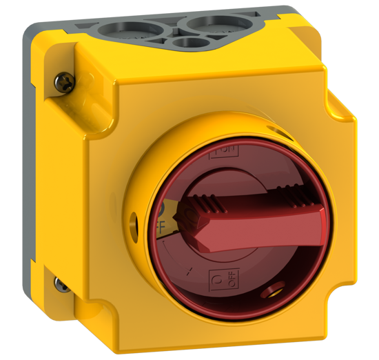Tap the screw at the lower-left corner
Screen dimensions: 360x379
60,283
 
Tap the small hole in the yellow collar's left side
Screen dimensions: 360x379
134,223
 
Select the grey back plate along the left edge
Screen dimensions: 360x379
34,172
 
